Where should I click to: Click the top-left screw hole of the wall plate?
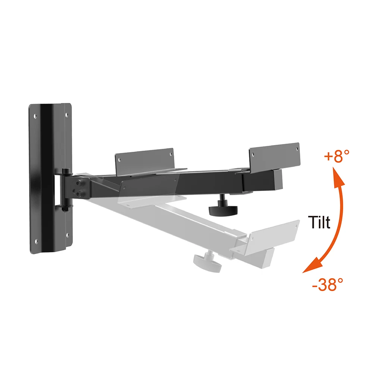[35, 116]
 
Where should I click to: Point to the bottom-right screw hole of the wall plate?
[67, 235]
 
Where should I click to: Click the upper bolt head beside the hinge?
[79, 184]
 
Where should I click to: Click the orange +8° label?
[337, 156]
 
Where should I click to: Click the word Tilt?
[320, 223]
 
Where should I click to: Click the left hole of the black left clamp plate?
[119, 159]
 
